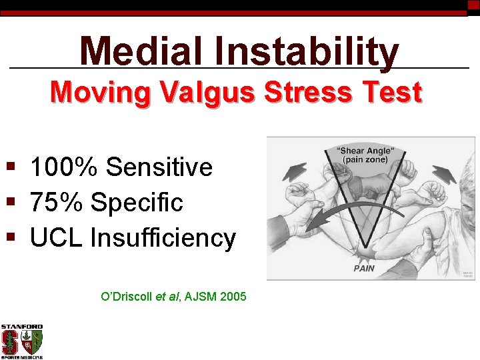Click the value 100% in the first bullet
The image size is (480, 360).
(x=65, y=167)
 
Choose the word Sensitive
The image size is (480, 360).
(x=159, y=167)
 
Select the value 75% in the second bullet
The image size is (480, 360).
(x=56, y=202)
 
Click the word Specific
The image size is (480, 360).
(x=136, y=202)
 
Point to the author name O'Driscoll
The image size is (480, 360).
(x=126, y=295)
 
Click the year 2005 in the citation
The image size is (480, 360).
(x=233, y=295)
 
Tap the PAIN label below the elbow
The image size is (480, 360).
(x=364, y=269)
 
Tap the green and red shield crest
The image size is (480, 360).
(x=31, y=343)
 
